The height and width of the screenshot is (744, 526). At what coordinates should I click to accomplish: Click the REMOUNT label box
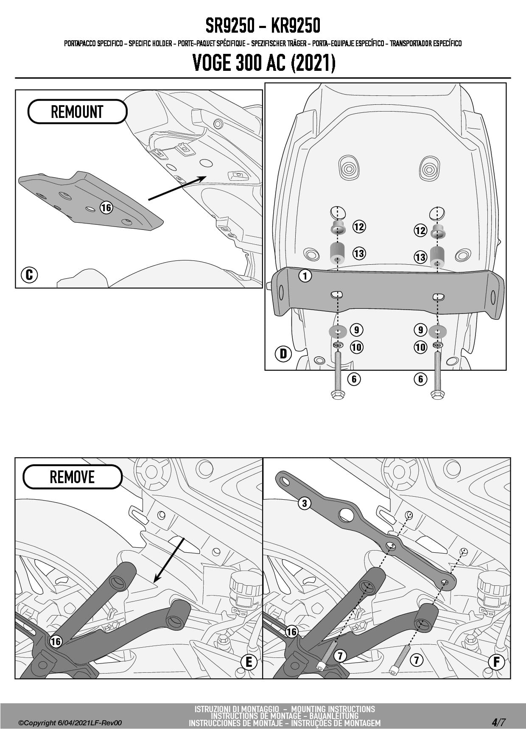(77, 112)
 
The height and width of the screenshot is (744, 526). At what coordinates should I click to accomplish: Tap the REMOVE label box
(72, 477)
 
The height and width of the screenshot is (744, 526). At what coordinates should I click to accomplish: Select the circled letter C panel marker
(29, 275)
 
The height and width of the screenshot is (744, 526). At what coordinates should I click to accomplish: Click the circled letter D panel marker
(283, 353)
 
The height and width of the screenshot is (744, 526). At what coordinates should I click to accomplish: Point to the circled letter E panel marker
(249, 662)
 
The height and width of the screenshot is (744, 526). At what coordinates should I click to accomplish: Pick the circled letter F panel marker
(496, 662)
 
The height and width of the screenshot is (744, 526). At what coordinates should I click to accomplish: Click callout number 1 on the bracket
(305, 276)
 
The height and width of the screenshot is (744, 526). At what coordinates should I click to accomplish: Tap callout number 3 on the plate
(304, 503)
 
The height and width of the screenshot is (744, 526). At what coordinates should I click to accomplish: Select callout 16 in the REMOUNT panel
(106, 207)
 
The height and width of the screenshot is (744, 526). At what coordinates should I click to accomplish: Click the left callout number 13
(359, 254)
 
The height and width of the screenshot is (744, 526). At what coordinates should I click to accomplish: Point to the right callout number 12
(420, 230)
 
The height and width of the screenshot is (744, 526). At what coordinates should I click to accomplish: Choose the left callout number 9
(356, 330)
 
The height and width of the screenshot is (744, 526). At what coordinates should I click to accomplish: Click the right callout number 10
(420, 347)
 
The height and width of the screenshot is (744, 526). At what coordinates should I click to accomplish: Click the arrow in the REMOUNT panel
(176, 188)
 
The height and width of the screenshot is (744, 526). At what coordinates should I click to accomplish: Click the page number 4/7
(499, 722)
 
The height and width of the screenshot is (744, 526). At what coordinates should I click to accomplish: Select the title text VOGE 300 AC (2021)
(264, 63)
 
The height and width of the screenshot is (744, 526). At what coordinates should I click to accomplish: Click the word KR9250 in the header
(295, 26)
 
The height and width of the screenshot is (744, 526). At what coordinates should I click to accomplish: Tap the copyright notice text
(70, 723)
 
